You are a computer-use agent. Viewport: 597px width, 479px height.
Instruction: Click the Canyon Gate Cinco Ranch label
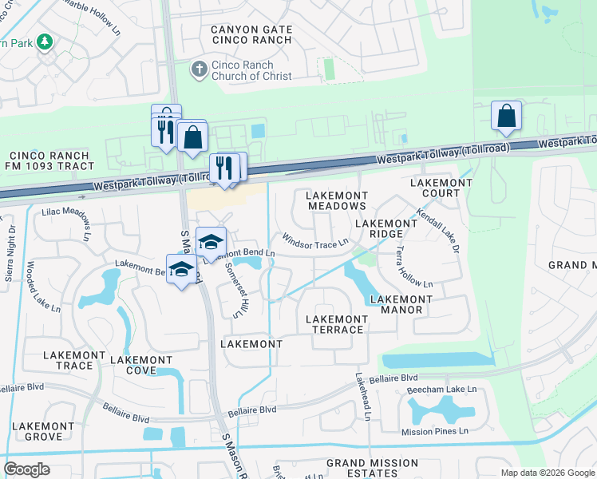point(251,35)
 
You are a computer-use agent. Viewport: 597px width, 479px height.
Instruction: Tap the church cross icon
point(199,70)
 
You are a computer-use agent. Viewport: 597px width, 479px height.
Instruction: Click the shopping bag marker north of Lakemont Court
point(506,117)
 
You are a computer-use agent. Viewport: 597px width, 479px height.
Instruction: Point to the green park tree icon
point(45,42)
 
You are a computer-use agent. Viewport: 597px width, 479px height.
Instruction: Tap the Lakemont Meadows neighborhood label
point(338,200)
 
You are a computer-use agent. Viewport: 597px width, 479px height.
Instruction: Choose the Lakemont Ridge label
point(385,229)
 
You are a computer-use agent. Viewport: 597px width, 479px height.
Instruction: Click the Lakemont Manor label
point(401,304)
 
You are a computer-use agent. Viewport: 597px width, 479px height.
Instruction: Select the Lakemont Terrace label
point(338,324)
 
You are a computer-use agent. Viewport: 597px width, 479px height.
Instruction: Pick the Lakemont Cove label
point(141,366)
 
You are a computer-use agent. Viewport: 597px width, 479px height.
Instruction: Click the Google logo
point(26,469)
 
